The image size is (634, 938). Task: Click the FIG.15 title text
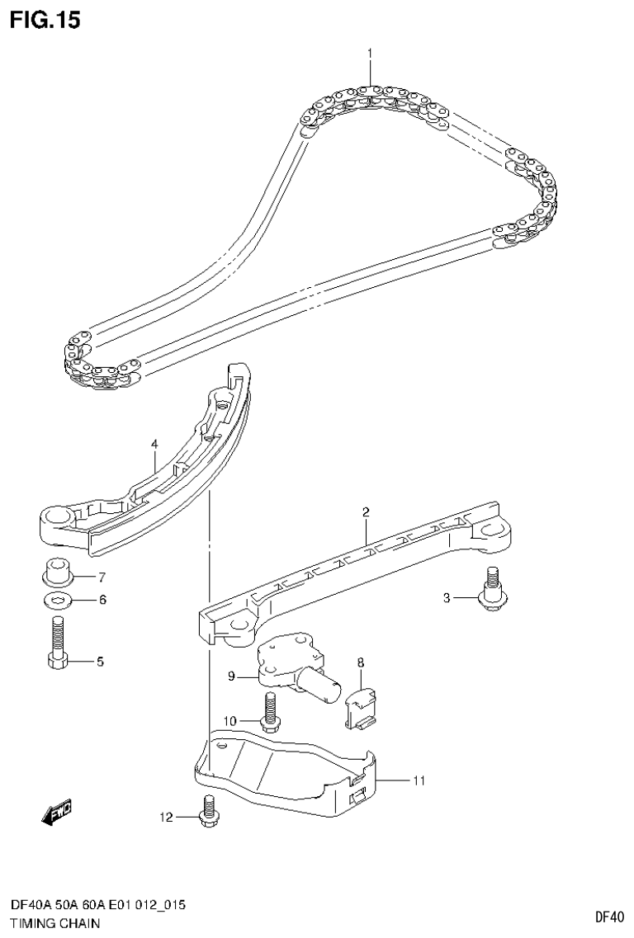pos(45,20)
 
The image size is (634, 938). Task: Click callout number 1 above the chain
pos(370,54)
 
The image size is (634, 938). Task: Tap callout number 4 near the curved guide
pos(154,445)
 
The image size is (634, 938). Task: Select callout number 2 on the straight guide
pos(365,512)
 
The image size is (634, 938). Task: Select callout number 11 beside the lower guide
pos(419,780)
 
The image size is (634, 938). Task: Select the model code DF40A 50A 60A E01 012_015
pos(97,905)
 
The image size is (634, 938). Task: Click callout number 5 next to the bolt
pos(100,661)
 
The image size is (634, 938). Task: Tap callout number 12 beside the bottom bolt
pos(167,818)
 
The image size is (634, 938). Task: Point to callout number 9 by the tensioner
pos(232,677)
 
